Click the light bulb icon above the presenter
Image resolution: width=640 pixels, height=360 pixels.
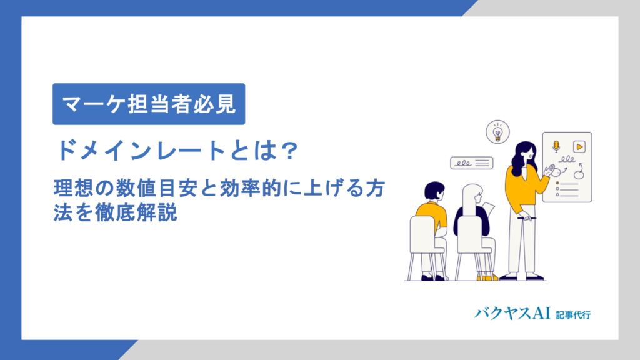click(497, 132)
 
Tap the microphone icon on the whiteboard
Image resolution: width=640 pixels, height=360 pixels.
click(556, 147)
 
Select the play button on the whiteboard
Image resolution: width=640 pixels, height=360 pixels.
click(579, 147)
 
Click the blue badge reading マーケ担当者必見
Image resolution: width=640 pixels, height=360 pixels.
click(148, 104)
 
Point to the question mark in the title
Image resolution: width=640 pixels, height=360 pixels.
click(288, 151)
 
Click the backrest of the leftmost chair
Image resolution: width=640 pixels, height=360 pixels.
click(426, 234)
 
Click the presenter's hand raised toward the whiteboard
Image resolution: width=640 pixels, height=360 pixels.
click(549, 169)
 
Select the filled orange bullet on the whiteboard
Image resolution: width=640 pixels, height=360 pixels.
click(556, 183)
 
